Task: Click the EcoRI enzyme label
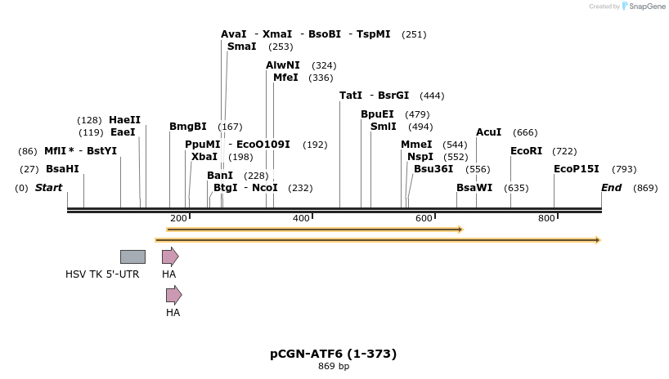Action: [x=526, y=151]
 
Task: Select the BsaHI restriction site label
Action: [x=62, y=169]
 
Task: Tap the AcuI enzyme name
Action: [x=488, y=132]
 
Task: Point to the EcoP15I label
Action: [x=576, y=169]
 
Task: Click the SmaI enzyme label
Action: [x=241, y=47]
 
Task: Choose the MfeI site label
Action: [x=285, y=78]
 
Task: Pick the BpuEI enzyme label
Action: [x=377, y=114]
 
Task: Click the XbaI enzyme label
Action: [x=204, y=157]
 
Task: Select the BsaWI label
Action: [x=474, y=188]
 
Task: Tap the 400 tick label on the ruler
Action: [x=301, y=219]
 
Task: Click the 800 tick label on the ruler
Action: [x=546, y=219]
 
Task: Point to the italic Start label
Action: [x=48, y=188]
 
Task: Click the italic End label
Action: [x=611, y=188]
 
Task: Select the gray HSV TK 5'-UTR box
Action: [x=132, y=256]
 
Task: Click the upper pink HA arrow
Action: [x=169, y=256]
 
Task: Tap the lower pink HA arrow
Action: [x=173, y=295]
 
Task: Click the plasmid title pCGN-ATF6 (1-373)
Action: [x=333, y=354]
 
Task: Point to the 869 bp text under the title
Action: [x=333, y=366]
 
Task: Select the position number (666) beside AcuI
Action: [x=525, y=132]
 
